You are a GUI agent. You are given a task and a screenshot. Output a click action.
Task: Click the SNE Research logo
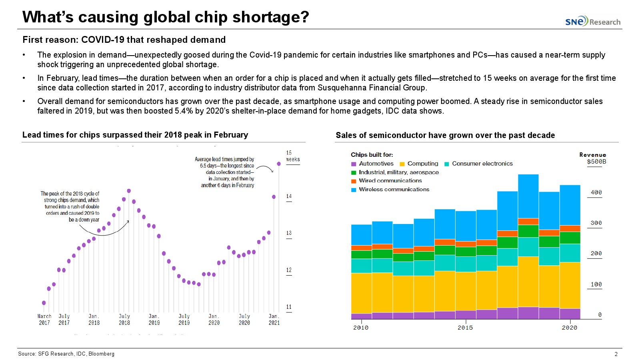[593, 21]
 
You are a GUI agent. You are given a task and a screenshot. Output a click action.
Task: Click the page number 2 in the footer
[616, 354]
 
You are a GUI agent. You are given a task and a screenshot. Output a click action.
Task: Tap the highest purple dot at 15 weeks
[279, 164]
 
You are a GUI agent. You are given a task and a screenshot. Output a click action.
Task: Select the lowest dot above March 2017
[44, 303]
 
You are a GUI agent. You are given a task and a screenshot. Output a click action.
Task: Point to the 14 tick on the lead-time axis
[289, 196]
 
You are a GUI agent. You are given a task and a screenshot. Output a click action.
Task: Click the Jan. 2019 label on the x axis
[154, 319]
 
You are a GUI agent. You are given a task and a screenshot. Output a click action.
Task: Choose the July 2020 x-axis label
[244, 319]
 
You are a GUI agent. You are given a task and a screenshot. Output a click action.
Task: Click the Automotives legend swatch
[354, 164]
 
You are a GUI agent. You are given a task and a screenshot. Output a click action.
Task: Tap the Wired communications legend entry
[390, 181]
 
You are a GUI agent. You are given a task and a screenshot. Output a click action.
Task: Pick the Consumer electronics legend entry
[482, 164]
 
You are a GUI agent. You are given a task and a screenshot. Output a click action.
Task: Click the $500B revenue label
[596, 162]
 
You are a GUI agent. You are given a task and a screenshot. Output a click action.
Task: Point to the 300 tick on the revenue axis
[596, 223]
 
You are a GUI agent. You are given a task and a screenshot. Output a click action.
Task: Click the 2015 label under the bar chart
[465, 328]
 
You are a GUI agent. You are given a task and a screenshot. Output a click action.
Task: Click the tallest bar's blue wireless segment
[528, 196]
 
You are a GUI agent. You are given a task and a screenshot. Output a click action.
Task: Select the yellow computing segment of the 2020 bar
[570, 285]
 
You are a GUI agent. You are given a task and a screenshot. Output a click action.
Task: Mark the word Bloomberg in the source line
[101, 354]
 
